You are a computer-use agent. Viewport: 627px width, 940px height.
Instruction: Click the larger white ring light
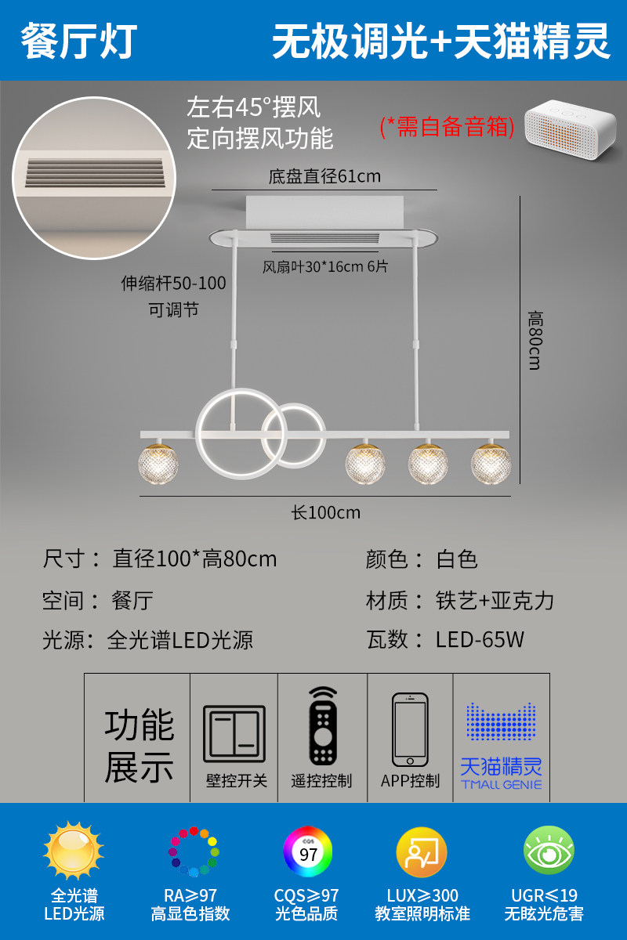point(234,432)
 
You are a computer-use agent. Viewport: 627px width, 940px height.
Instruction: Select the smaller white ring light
point(293,435)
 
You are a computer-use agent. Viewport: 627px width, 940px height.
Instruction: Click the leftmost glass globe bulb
point(159,465)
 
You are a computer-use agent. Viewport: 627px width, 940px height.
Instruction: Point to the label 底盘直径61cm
point(324,176)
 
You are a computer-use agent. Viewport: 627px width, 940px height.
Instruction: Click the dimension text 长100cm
point(326,512)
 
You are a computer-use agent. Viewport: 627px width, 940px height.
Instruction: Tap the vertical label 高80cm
point(535,341)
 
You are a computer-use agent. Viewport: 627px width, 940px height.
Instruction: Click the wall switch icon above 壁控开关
point(234,734)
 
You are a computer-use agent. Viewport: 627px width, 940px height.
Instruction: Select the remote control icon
point(322,726)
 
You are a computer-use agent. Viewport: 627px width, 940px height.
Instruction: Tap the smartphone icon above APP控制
point(410,729)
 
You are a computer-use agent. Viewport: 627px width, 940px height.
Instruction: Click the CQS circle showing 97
point(308,852)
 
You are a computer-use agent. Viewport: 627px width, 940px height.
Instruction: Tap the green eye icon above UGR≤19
point(549,851)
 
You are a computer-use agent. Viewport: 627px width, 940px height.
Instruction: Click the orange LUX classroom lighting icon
point(422,852)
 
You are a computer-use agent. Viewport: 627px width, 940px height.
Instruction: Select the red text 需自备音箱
point(447,126)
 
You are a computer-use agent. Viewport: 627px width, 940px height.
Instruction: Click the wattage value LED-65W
point(480,639)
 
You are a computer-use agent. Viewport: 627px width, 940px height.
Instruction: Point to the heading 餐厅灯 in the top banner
point(79,41)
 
